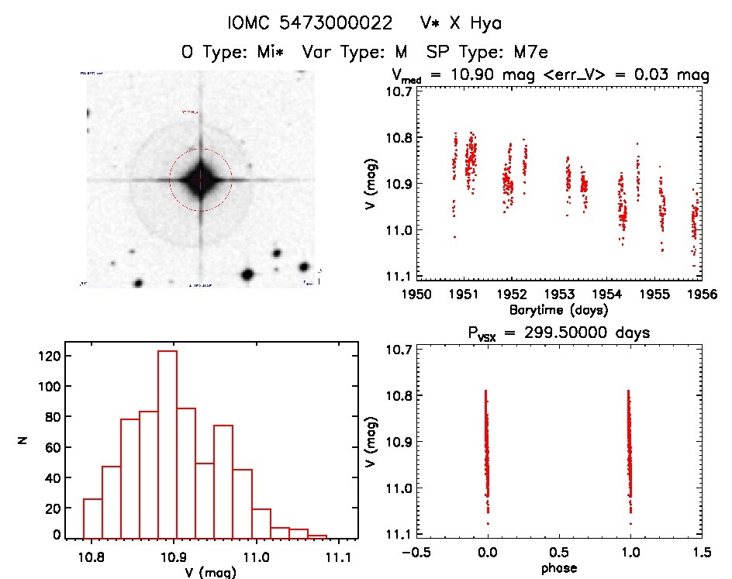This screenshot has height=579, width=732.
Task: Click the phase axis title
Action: (x=558, y=568)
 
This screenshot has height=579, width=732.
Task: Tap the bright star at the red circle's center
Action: (x=201, y=180)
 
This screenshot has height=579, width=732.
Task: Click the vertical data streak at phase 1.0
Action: (x=630, y=450)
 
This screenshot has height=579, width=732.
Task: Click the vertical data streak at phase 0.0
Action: (x=487, y=450)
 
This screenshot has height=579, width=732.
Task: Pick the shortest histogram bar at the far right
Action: (x=316, y=536)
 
